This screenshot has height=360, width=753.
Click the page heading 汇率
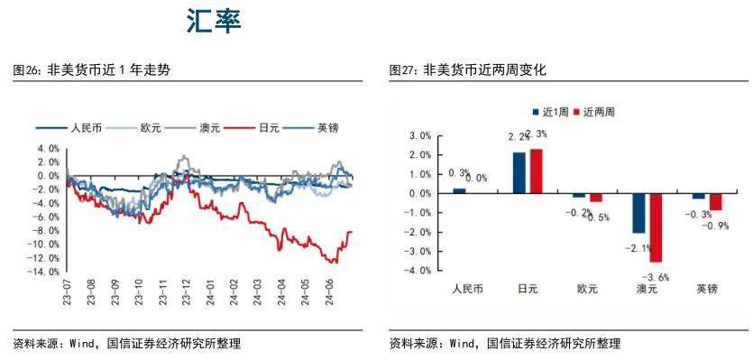pos(214,22)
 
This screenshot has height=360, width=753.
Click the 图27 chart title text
pos(468,69)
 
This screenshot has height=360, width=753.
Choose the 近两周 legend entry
pos(594,113)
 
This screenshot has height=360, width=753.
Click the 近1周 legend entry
pos(547,113)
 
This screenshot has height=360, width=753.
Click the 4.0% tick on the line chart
pos(48,148)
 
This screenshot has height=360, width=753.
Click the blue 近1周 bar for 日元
pos(519,172)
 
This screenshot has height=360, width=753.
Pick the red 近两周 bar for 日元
pos(536,171)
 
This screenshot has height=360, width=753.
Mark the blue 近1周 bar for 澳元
pos(638,213)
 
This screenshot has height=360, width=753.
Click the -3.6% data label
pos(656,278)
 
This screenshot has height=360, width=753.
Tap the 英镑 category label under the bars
pos(707,290)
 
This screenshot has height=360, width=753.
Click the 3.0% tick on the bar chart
pos(421,135)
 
